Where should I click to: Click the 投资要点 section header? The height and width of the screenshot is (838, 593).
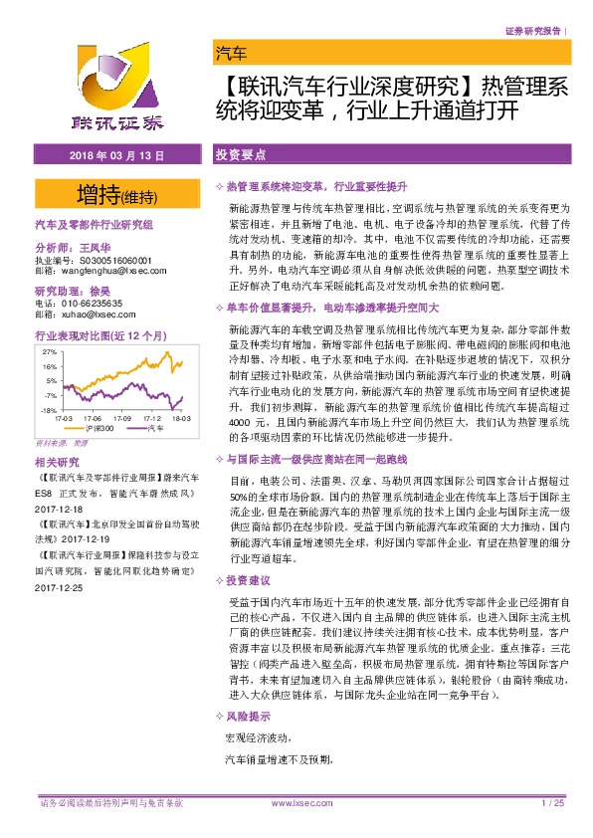click(x=239, y=156)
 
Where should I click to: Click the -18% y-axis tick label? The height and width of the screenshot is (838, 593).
click(x=48, y=410)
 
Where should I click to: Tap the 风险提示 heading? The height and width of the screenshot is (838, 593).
click(x=249, y=743)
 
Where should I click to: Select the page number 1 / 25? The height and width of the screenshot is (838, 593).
click(x=553, y=802)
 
